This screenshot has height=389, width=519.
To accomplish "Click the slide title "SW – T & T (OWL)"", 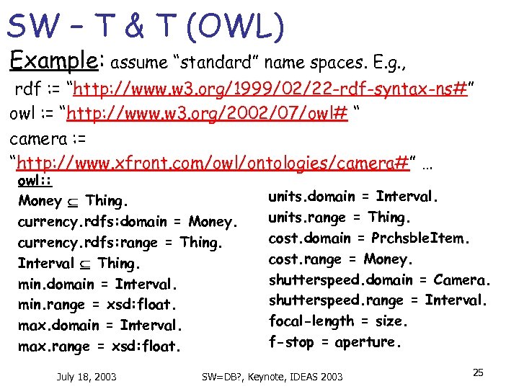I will pos(146,27).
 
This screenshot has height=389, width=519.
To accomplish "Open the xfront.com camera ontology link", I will pos(213,163).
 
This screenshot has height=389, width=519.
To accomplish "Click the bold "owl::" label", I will pos(35,181).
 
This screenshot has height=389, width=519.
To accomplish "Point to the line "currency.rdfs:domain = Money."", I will pos(128,222).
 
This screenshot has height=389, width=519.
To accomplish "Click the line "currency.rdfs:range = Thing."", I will pos(120,243).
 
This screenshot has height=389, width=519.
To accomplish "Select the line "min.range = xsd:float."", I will pos(99,305).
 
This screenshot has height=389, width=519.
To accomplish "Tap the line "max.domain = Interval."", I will pos(100,326).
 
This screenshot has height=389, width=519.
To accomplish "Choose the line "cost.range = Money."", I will pos(340,259).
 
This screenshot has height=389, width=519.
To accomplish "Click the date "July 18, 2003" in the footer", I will pos(86,376).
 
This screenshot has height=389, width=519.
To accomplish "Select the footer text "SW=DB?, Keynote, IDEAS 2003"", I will pos(272,377).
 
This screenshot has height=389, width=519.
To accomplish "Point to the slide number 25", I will pos(477,372).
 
